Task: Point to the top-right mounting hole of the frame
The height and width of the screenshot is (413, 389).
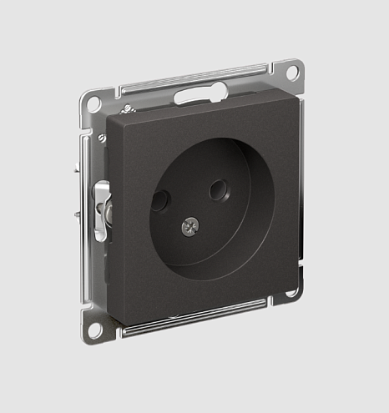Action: click(x=292, y=73)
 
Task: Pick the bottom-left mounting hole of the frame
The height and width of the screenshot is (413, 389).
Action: click(x=94, y=327)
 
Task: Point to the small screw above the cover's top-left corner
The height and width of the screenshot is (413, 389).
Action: click(x=127, y=109)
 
